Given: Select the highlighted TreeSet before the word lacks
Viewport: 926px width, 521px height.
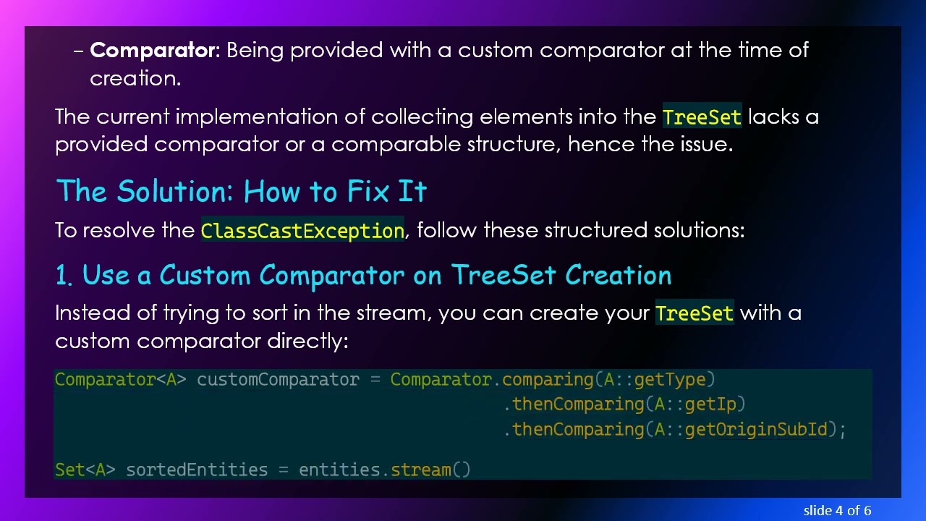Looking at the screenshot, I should tap(702, 117).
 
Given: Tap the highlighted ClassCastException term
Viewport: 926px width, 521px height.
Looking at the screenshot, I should tap(302, 231).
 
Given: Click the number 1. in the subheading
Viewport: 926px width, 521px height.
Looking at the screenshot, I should tap(64, 276).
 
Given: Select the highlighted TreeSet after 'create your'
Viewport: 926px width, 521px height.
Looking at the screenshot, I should tap(694, 313).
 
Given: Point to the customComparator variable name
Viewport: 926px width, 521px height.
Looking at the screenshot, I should tap(278, 380).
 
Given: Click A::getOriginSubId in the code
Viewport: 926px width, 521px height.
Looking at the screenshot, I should tap(740, 429).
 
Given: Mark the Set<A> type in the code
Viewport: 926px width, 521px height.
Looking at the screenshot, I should tap(85, 470).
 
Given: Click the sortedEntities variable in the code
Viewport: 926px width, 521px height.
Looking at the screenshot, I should tap(197, 470).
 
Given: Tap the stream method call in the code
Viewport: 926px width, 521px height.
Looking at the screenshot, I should tap(421, 470).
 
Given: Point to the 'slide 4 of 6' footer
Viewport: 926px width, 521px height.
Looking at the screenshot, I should tap(837, 510).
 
